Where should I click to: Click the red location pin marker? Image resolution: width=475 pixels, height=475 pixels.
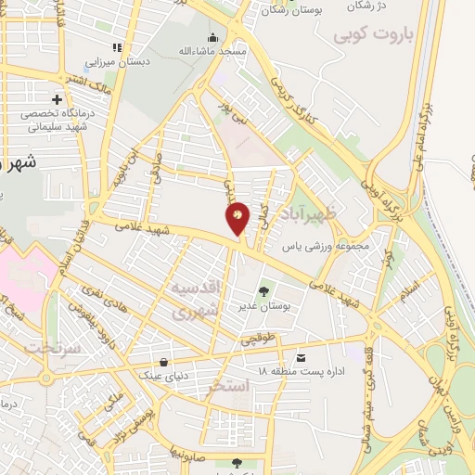click(x=237, y=217)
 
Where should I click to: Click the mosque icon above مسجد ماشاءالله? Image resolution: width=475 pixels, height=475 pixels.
click(x=213, y=38)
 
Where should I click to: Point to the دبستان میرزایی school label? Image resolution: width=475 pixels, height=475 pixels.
click(x=117, y=62)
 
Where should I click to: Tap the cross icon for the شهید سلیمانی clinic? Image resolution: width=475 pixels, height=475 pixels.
click(x=58, y=99)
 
